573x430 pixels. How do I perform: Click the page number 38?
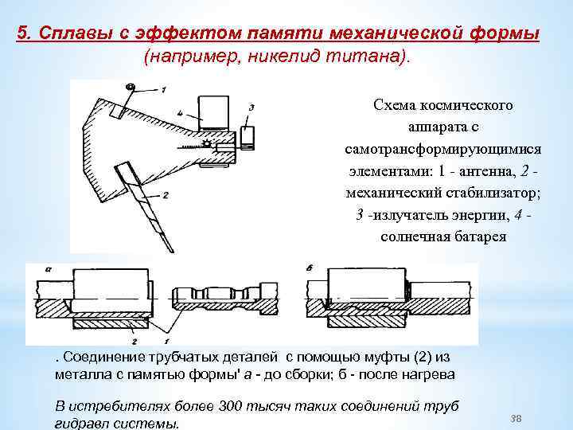[x=514, y=418]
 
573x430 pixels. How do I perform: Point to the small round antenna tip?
[x=131, y=85]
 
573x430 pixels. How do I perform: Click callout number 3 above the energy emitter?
[x=251, y=107]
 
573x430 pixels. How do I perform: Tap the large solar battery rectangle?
[x=212, y=111]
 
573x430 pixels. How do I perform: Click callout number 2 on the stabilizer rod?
[x=164, y=194]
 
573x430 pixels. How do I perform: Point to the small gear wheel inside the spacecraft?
[x=208, y=144]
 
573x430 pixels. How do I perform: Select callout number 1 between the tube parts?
[x=165, y=329]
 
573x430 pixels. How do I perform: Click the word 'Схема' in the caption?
[x=394, y=105]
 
